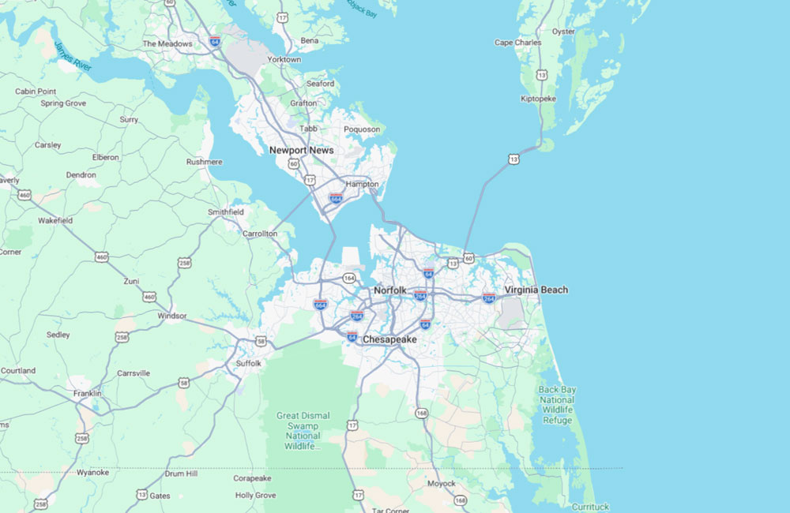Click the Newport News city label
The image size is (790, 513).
click(x=301, y=150)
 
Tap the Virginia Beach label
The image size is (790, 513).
click(x=536, y=290)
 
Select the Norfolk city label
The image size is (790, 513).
click(x=390, y=290)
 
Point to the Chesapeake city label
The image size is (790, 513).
click(x=389, y=339)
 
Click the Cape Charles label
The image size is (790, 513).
click(x=518, y=43)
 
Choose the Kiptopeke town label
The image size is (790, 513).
click(x=539, y=99)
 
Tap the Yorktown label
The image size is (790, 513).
click(x=284, y=59)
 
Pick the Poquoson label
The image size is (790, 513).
click(x=362, y=129)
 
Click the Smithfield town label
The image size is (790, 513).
click(x=226, y=212)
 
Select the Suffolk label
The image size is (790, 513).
click(x=248, y=363)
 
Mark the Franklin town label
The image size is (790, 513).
click(x=88, y=393)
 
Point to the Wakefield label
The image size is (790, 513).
click(x=55, y=221)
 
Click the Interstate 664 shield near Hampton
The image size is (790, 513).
click(x=336, y=197)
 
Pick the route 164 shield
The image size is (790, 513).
click(x=349, y=278)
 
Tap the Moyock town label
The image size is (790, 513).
click(x=442, y=483)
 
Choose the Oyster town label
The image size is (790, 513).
click(x=563, y=32)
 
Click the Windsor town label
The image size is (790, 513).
click(x=172, y=316)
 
